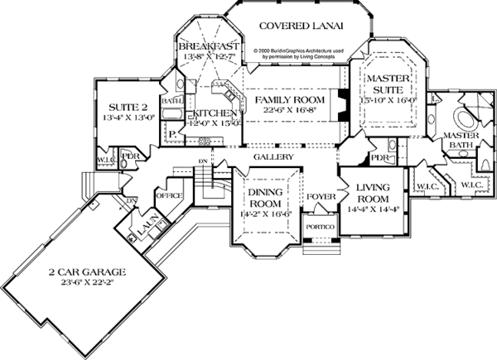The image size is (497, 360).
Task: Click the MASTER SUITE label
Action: pyautogui.click(x=388, y=83)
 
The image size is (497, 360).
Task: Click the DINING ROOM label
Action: pyautogui.click(x=268, y=197)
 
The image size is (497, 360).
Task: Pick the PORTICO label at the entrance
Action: pyautogui.click(x=319, y=226)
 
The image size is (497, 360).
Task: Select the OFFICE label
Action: pyautogui.click(x=169, y=195)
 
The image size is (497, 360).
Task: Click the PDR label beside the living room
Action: pyautogui.click(x=380, y=157)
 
